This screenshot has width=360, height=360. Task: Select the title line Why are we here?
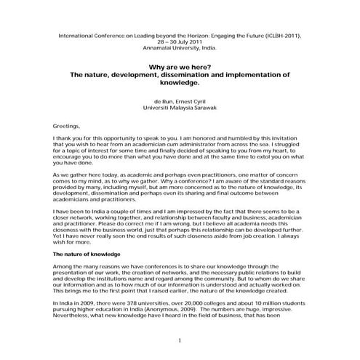click(x=180, y=67)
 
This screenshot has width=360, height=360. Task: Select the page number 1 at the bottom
click(x=180, y=340)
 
